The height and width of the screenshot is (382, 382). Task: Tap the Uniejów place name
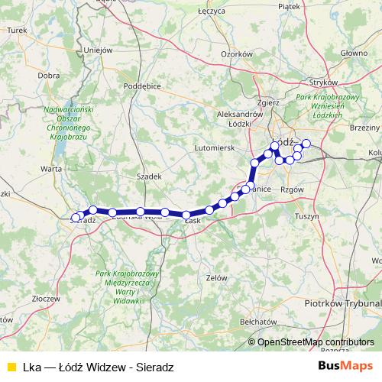coord(99,50)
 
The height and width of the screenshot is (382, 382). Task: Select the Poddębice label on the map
coord(141,86)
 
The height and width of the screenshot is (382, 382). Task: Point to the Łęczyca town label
coord(209,12)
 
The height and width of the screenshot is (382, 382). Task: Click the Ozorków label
coord(236,54)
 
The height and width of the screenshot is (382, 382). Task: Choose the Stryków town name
coord(313,80)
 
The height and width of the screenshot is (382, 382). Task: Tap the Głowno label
coord(354,53)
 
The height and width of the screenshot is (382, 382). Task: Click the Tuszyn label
coord(328,216)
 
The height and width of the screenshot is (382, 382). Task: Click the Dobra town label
coord(49,76)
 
